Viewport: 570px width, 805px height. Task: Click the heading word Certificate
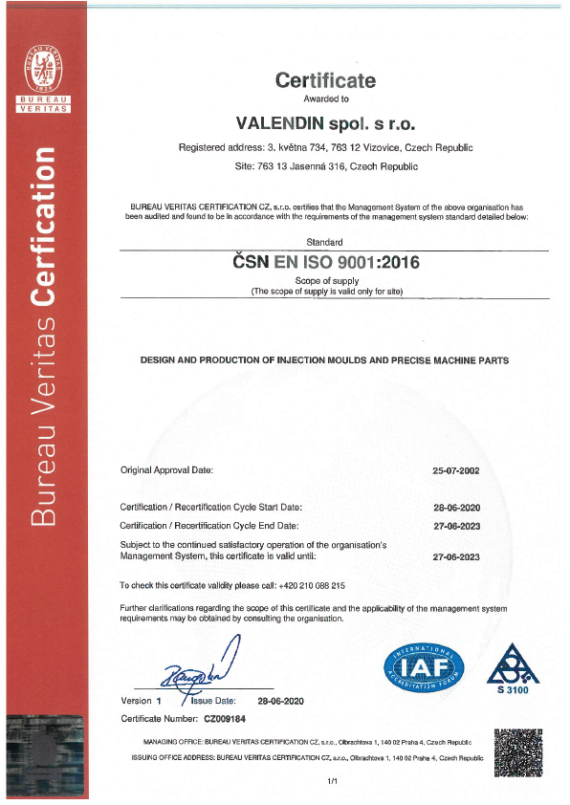pyautogui.click(x=326, y=80)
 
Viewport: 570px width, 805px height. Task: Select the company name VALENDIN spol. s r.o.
pyautogui.click(x=326, y=123)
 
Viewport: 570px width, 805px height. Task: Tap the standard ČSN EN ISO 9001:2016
pyautogui.click(x=326, y=261)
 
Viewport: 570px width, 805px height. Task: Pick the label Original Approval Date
pyautogui.click(x=166, y=470)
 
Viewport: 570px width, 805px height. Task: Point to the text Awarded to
pyautogui.click(x=326, y=99)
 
